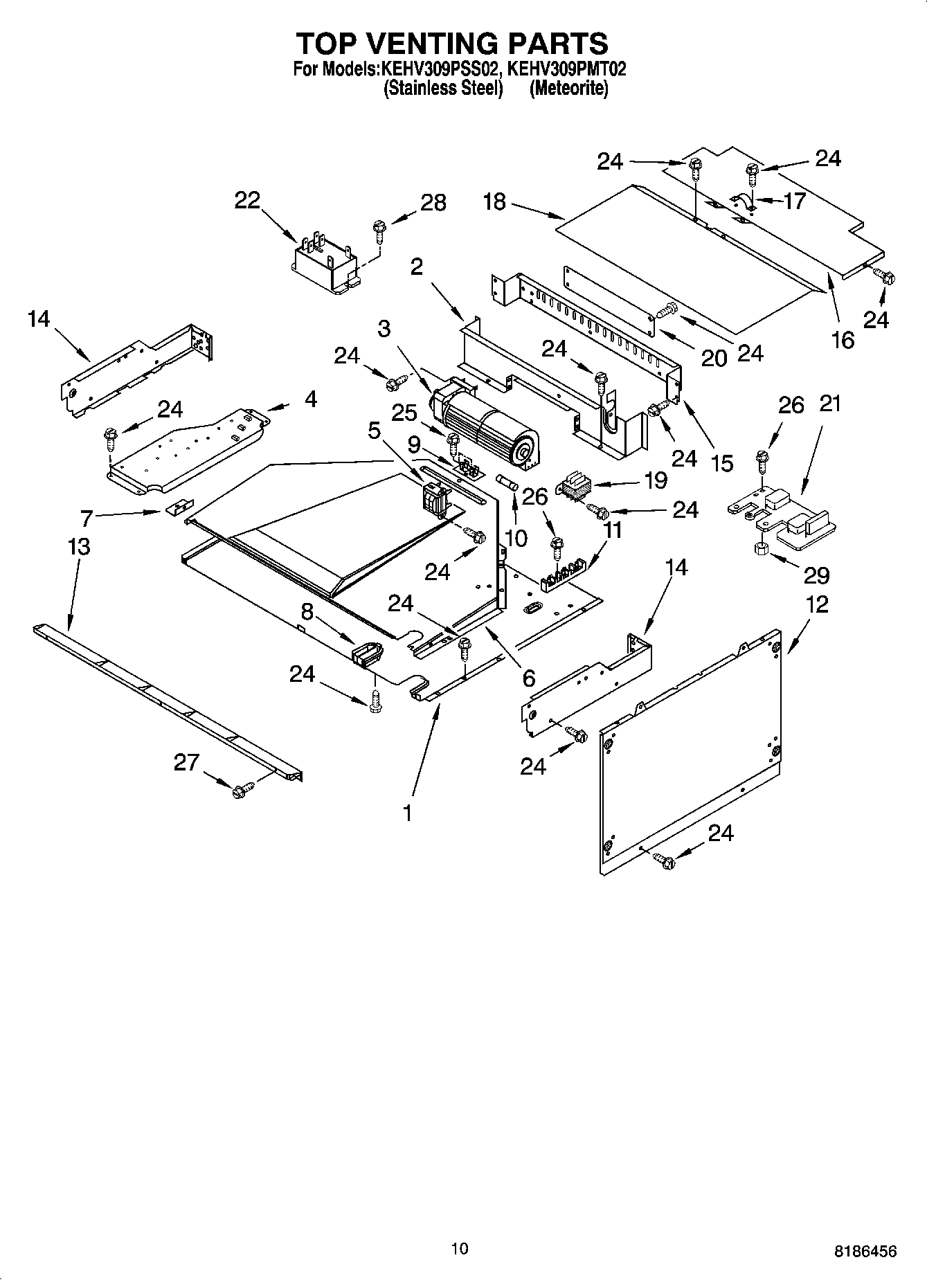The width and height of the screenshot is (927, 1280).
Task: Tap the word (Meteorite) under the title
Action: tap(568, 89)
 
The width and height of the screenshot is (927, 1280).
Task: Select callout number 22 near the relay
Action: tap(247, 200)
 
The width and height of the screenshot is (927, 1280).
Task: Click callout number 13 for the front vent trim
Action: tap(79, 547)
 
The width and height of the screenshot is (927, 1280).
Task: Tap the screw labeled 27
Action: tap(242, 790)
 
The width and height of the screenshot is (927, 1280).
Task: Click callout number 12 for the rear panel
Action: tap(817, 604)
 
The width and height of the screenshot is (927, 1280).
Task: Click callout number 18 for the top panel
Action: tap(494, 202)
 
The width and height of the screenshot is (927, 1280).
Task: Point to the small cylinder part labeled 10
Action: tap(512, 483)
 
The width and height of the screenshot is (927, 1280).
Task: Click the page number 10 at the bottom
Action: tap(459, 1248)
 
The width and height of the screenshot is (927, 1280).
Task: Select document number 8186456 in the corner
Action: tap(865, 1251)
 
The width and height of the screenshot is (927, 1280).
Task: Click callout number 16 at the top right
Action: tap(843, 340)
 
